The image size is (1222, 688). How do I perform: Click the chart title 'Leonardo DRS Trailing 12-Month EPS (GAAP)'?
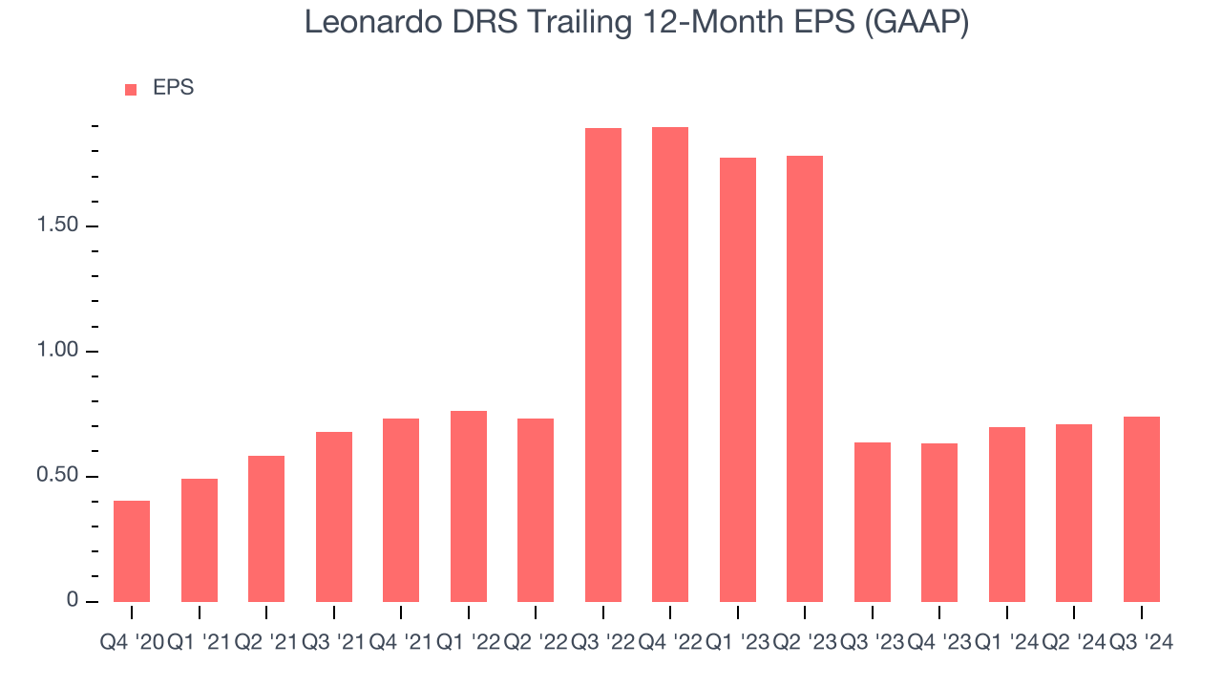tap(637, 23)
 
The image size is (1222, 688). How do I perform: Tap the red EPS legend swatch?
tap(132, 90)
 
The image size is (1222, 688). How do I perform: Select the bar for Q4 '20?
tap(132, 551)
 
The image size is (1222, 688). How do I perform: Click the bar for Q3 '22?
tap(603, 365)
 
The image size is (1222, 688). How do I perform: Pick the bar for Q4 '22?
tap(670, 364)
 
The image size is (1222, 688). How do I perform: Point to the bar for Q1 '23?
tap(738, 379)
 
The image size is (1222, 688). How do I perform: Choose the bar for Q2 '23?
tap(805, 378)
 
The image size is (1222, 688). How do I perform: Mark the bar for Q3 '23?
tap(873, 522)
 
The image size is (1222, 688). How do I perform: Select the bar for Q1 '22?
tap(469, 506)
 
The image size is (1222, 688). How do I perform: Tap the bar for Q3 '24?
tap(1142, 509)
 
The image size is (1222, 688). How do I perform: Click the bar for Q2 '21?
tap(266, 528)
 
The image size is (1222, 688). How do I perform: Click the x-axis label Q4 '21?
tap(401, 643)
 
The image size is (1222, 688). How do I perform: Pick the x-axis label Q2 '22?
tap(536, 643)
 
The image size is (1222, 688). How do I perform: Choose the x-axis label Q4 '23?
tap(939, 643)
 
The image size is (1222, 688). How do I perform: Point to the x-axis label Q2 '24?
tap(1074, 643)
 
